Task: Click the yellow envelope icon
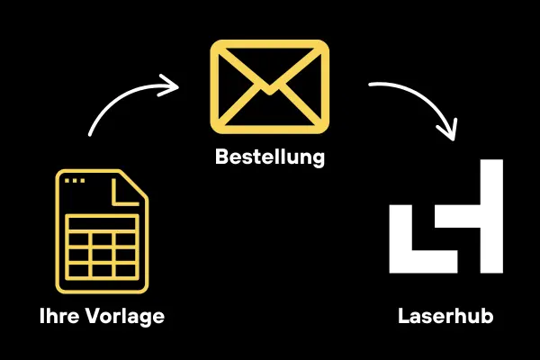click(269, 82)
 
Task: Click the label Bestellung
click(269, 157)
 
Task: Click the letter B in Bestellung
click(221, 157)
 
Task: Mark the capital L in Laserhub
click(402, 317)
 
